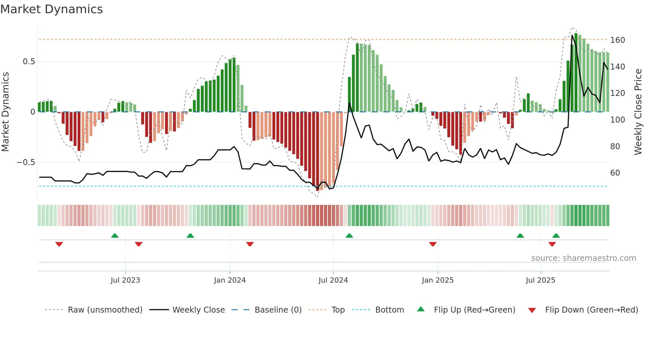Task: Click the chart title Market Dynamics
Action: [x=52, y=9]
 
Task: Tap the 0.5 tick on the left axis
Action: [x=29, y=62]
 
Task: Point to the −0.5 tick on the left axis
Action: [x=26, y=162]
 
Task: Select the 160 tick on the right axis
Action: [x=617, y=40]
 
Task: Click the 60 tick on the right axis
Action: [x=615, y=173]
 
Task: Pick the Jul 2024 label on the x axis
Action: [x=333, y=280]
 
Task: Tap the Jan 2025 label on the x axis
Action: [x=437, y=280]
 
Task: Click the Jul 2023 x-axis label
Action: [x=125, y=280]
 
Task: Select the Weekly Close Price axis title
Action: [x=638, y=112]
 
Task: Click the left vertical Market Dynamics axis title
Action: [x=5, y=112]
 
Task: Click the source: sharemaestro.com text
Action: [x=583, y=258]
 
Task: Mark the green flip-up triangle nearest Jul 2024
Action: [x=349, y=236]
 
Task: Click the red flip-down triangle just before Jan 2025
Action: [x=433, y=244]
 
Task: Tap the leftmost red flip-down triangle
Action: [x=59, y=244]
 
